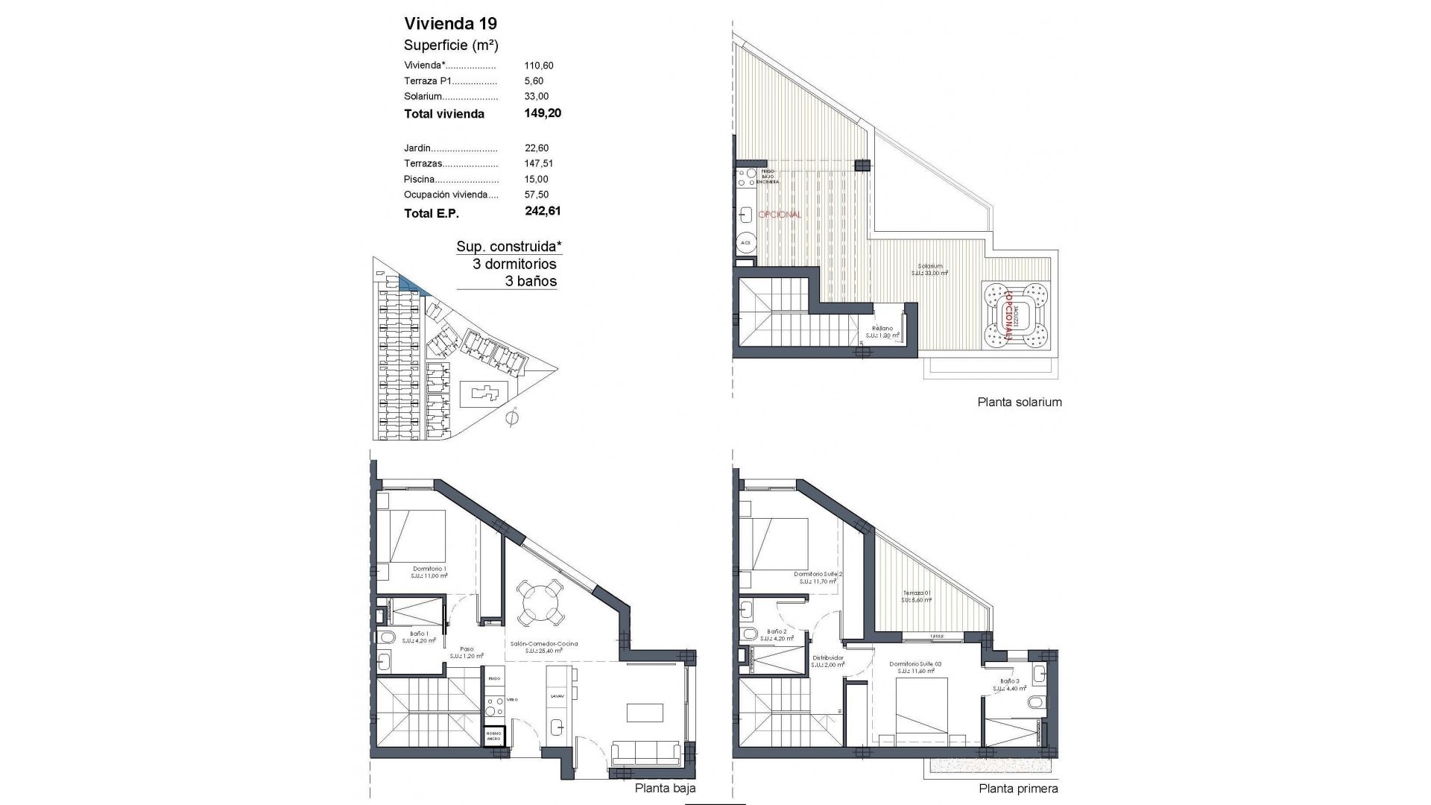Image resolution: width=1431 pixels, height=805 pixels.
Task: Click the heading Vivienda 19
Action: pyautogui.click(x=450, y=23)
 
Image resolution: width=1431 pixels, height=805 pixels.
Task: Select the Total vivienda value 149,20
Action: pyautogui.click(x=543, y=113)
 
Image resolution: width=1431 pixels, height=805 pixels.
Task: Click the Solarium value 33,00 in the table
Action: pyautogui.click(x=537, y=96)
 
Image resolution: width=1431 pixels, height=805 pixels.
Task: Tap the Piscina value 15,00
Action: pyautogui.click(x=537, y=179)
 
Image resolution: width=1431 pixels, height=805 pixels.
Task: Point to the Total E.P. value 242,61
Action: pyautogui.click(x=543, y=212)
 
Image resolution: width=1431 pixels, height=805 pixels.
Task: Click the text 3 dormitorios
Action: pyautogui.click(x=514, y=264)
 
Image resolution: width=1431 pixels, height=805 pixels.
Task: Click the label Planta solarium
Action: pyautogui.click(x=1019, y=402)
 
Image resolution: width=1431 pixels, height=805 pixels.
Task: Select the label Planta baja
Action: pyautogui.click(x=665, y=788)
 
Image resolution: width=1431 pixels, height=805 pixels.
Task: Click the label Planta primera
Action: pyautogui.click(x=1018, y=788)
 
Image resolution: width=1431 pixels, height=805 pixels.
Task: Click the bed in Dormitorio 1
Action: pyautogui.click(x=410, y=536)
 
